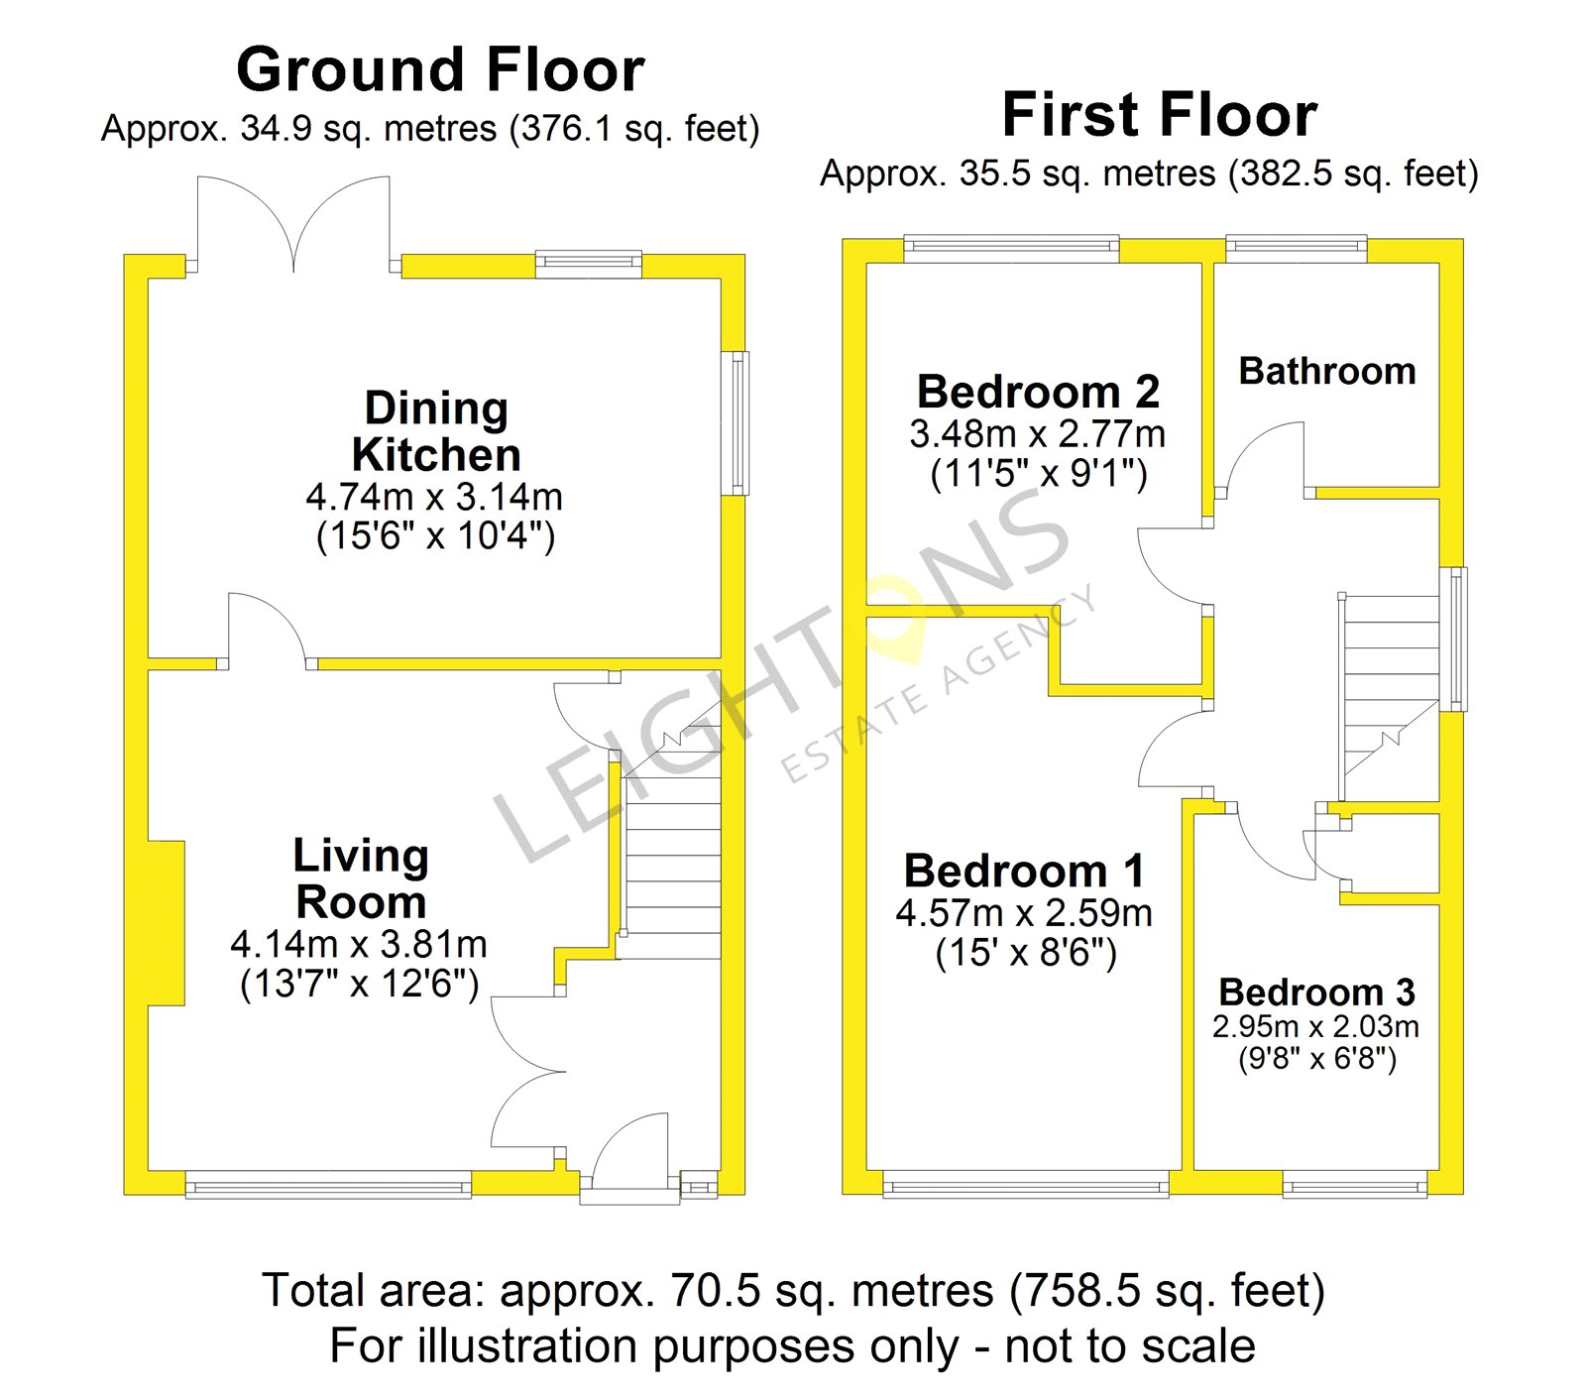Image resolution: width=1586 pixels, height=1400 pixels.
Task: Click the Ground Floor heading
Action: click(440, 69)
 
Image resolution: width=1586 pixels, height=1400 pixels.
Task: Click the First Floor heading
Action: click(1160, 114)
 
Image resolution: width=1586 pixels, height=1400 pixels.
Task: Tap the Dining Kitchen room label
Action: click(436, 431)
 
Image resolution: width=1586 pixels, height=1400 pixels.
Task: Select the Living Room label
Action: click(361, 878)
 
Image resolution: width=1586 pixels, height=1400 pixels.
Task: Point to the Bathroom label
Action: click(1327, 371)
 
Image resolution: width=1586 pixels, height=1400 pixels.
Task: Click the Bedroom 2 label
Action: click(1038, 392)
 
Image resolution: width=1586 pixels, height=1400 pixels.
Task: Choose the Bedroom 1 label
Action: click(1024, 872)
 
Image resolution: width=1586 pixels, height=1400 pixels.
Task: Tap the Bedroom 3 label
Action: click(1316, 992)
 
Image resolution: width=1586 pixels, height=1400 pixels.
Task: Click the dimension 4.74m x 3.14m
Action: click(434, 496)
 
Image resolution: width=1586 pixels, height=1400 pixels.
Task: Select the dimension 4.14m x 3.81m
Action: click(359, 943)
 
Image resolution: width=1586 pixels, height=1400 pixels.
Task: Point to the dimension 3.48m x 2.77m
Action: click(1038, 433)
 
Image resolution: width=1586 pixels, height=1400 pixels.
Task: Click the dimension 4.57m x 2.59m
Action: click(1024, 912)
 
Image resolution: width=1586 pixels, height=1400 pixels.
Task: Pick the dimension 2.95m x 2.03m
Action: click(1315, 1026)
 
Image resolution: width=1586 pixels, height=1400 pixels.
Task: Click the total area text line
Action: click(793, 1291)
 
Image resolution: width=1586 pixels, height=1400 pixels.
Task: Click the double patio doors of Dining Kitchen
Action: click(293, 224)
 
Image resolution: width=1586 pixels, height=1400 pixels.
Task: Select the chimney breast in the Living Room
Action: click(167, 923)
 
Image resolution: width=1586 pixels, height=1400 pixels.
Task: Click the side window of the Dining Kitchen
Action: click(738, 423)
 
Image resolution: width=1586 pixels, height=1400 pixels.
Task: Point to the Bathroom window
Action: click(1297, 249)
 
